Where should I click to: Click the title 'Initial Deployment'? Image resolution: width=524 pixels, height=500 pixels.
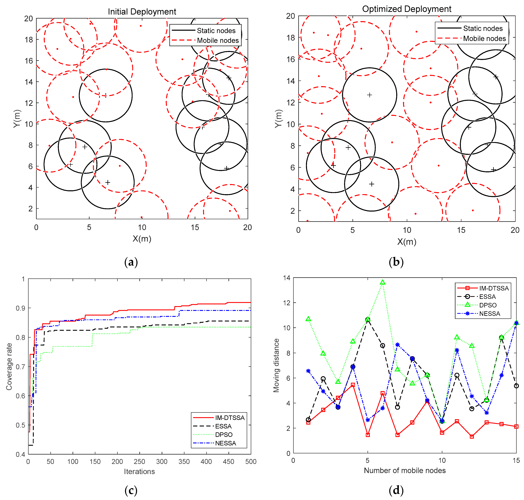coord(142,12)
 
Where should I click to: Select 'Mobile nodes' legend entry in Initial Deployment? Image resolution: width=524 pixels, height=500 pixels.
coord(218,41)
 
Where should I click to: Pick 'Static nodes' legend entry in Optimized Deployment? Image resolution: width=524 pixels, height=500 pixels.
coord(483,29)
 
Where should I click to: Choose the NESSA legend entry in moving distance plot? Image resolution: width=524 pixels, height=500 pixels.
coord(490,314)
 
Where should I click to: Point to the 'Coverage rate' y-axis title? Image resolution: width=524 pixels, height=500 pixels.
coord(9,366)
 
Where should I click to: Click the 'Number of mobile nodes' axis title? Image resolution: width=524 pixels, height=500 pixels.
coord(404,470)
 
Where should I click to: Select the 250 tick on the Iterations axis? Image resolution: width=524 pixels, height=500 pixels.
coord(139,462)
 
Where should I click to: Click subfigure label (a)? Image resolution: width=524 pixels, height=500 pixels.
coord(131,262)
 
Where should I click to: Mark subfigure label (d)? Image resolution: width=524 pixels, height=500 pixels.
coord(396,490)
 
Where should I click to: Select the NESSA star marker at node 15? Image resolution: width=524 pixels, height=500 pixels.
coord(516,323)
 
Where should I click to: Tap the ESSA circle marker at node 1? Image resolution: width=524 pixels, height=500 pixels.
coord(308,420)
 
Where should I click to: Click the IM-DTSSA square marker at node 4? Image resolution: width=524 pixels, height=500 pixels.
coord(353,385)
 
